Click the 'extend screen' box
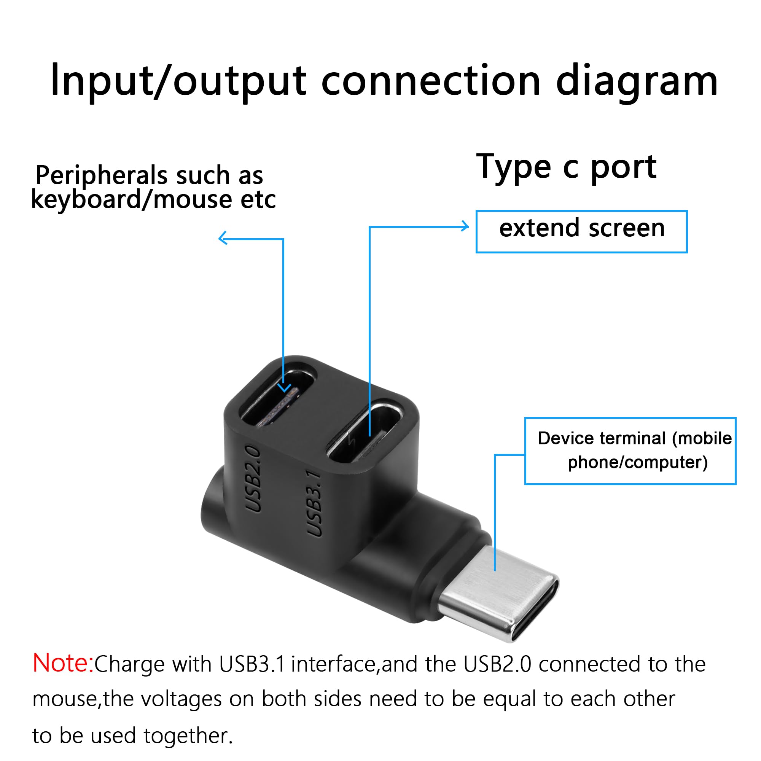click(x=581, y=231)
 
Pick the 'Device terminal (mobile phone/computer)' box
click(x=630, y=451)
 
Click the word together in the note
click(x=188, y=736)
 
